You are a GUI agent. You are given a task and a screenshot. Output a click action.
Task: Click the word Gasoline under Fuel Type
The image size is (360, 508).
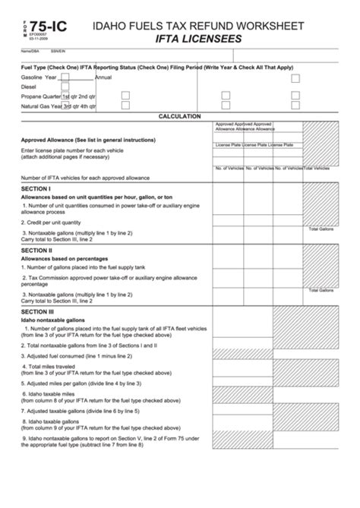click(32, 77)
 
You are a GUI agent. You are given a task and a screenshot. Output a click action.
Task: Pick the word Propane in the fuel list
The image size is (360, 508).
click(33, 97)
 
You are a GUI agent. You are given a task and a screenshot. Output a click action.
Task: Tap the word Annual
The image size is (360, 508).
click(103, 77)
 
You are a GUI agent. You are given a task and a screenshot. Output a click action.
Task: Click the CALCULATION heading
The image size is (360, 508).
click(179, 116)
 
